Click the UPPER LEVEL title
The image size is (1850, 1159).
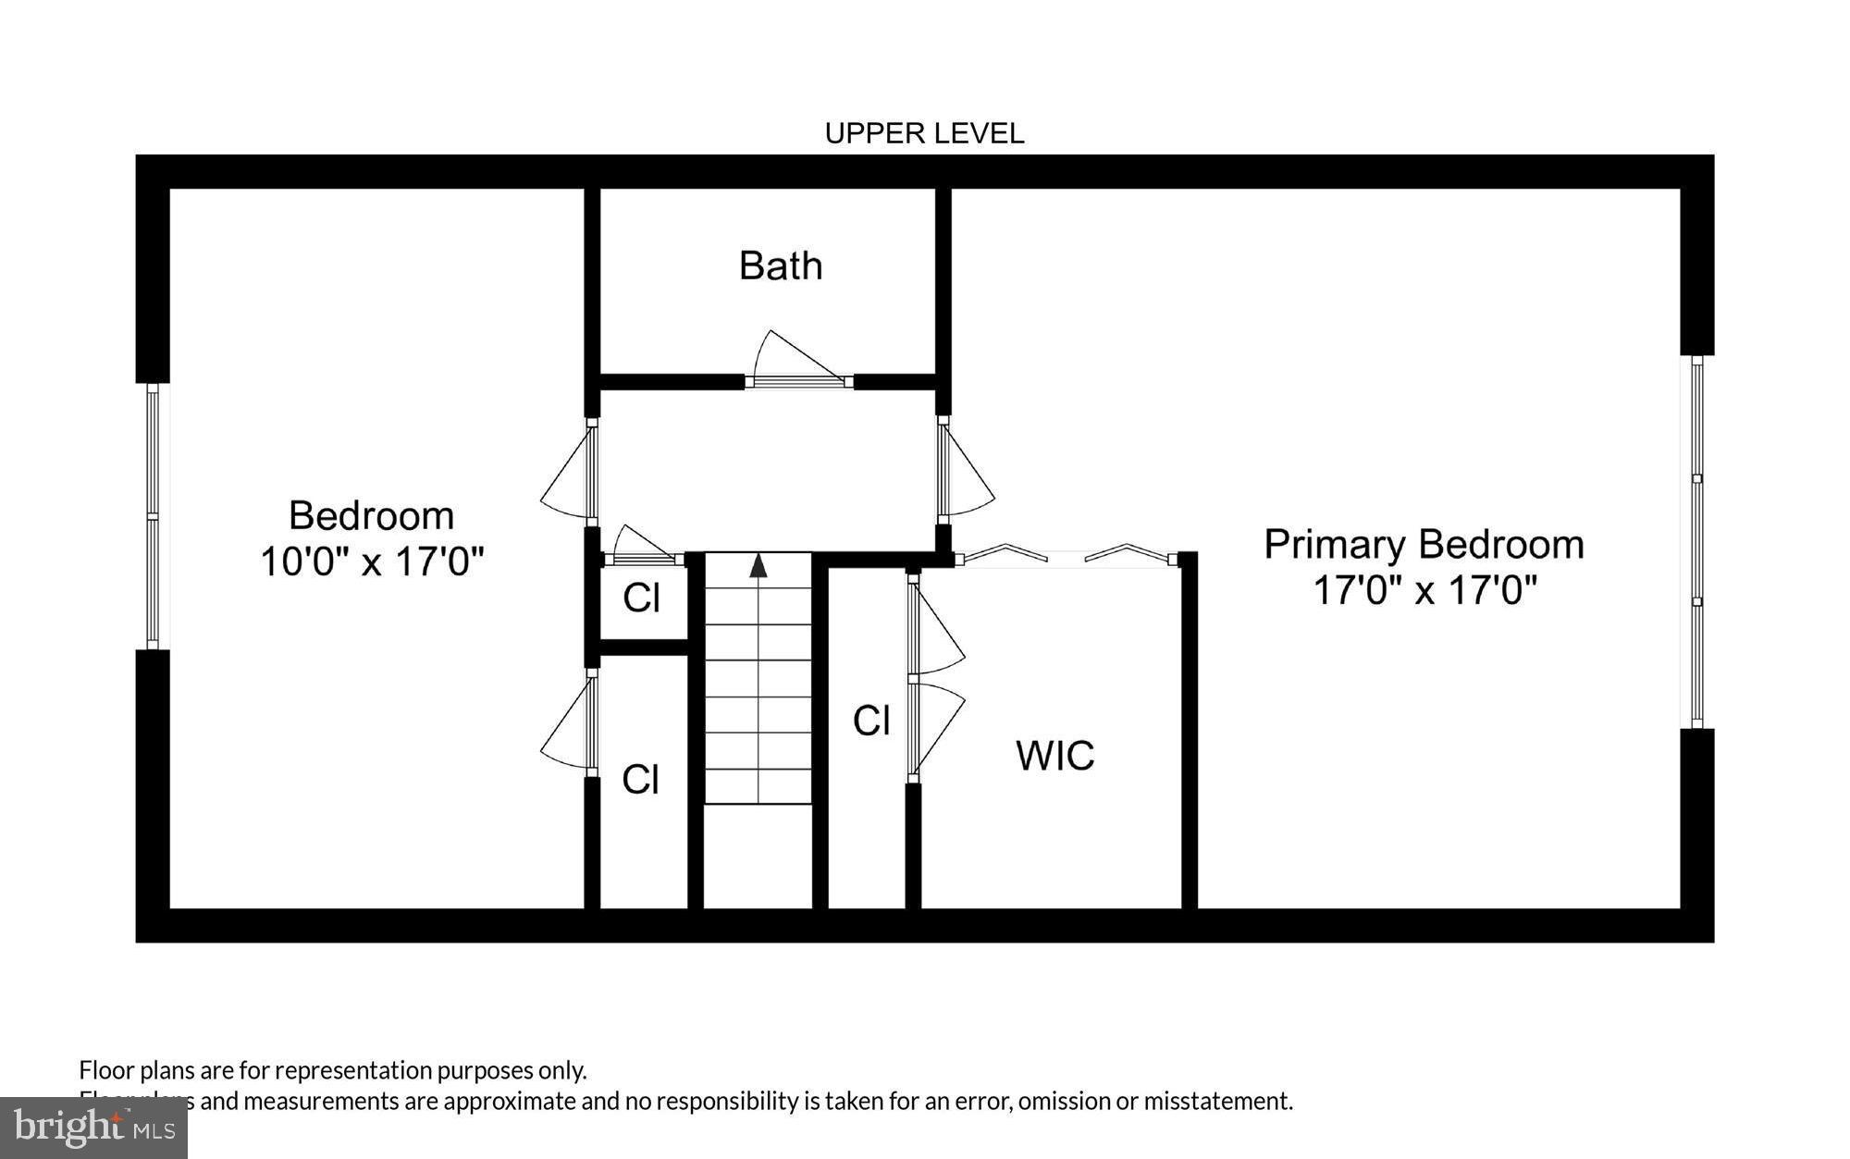point(924,134)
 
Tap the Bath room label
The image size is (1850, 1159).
point(780,266)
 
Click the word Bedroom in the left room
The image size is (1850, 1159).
point(371,516)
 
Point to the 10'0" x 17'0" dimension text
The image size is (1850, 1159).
point(372,561)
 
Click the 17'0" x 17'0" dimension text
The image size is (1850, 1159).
point(1424,590)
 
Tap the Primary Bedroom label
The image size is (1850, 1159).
point(1424,545)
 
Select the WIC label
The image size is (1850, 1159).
point(1054,756)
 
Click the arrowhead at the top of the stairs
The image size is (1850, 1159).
point(758,565)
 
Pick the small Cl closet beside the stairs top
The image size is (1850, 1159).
point(641,598)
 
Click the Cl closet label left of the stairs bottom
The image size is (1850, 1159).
point(640,780)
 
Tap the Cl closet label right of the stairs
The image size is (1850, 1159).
point(870,721)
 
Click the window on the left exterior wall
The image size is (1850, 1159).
point(153,516)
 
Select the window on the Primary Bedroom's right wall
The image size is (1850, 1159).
point(1696,542)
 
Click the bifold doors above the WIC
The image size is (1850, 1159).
point(1066,556)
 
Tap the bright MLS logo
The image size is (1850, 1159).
point(93,1127)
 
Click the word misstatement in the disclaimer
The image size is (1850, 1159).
point(1216,1101)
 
